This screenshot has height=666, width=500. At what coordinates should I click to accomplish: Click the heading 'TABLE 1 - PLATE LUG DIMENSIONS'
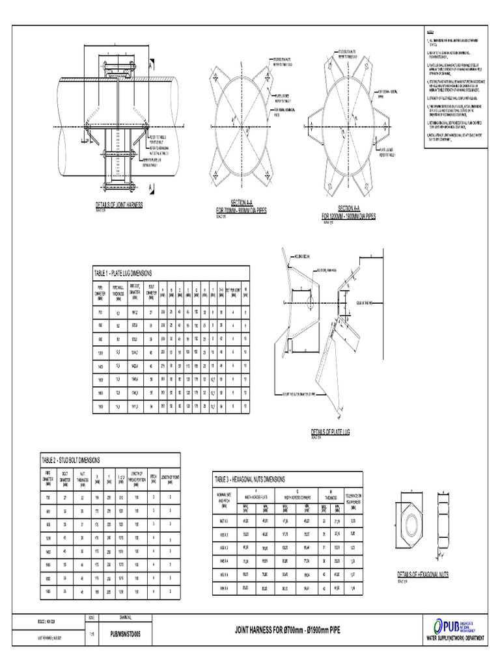[x=132, y=274]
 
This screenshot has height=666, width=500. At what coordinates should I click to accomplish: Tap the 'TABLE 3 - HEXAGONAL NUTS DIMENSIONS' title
[x=258, y=479]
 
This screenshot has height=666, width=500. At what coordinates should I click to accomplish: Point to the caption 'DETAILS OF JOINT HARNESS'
[x=119, y=205]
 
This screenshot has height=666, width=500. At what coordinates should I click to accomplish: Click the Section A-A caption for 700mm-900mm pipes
[x=242, y=207]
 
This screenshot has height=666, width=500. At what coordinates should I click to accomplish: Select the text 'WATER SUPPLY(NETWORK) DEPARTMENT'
[x=454, y=639]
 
